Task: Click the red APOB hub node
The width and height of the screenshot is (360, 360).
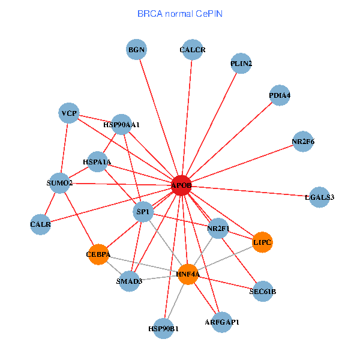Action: pyautogui.click(x=181, y=185)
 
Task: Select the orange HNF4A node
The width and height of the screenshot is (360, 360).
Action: pyautogui.click(x=188, y=274)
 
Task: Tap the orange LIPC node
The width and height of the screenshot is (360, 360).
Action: pyautogui.click(x=262, y=242)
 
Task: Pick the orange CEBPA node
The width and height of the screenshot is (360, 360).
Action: pyautogui.click(x=98, y=254)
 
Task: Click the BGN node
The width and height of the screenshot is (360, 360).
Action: pyautogui.click(x=137, y=50)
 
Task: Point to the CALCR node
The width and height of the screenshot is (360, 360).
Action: pyautogui.click(x=192, y=50)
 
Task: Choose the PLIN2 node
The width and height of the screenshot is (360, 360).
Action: pyautogui.click(x=241, y=64)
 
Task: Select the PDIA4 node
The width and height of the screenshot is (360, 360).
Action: pyautogui.click(x=280, y=95)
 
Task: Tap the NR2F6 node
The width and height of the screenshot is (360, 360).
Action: pyautogui.click(x=303, y=142)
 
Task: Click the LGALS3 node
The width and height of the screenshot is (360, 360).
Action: pyautogui.click(x=319, y=197)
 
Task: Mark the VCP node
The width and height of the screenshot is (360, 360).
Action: pyautogui.click(x=69, y=113)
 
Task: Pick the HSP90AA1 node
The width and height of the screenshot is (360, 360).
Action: pyautogui.click(x=121, y=125)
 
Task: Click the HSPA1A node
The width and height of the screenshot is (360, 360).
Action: pyautogui.click(x=97, y=161)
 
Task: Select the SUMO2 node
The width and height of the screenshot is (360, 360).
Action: pyautogui.click(x=59, y=182)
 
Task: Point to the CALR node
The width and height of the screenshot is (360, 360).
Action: pyautogui.click(x=40, y=224)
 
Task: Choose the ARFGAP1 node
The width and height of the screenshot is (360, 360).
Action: pyautogui.click(x=221, y=322)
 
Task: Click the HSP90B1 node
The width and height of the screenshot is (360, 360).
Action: pyautogui.click(x=164, y=328)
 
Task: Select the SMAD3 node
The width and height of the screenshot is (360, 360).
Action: pyautogui.click(x=129, y=281)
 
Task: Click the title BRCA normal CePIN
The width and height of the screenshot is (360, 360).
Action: pyautogui.click(x=180, y=13)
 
